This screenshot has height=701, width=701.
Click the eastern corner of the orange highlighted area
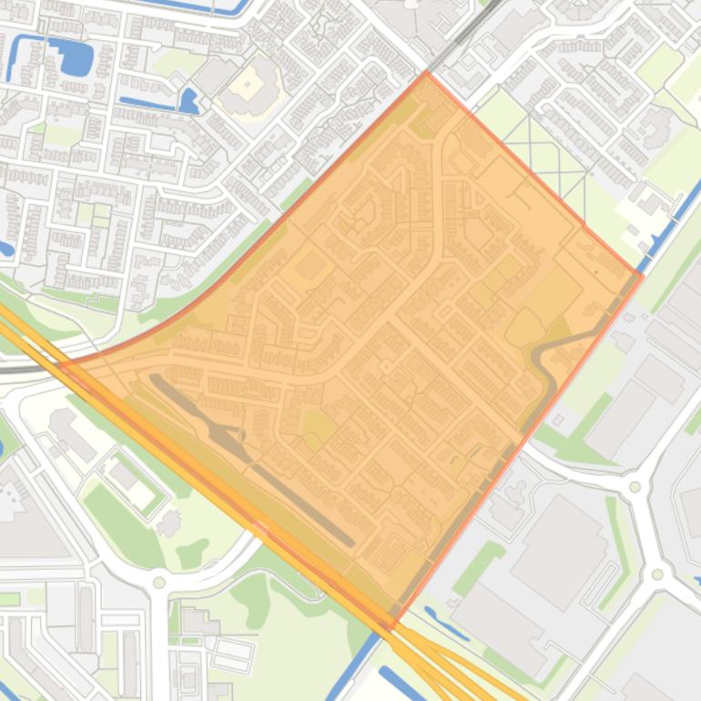pos(642,275)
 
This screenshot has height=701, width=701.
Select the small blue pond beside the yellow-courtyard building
pos(188,100)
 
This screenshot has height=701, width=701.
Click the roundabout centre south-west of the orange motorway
pos(159,582)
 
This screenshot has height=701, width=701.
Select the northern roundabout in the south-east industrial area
pos(635,487)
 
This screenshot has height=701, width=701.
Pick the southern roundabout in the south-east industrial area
pos(657,574)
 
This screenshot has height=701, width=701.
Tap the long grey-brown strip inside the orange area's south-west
pos(246,455)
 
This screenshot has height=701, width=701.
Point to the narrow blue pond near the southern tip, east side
pos(446,625)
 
